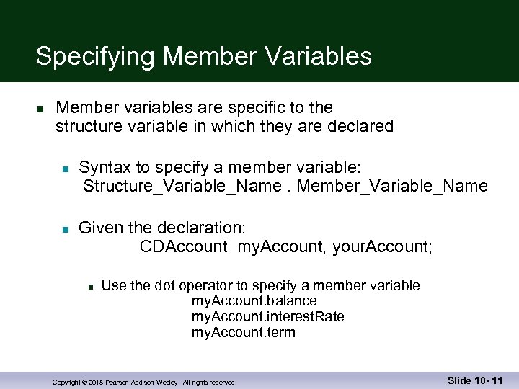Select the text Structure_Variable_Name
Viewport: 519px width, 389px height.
pos(179,187)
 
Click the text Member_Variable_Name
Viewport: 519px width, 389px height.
pos(392,187)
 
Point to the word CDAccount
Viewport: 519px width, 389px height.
pos(184,247)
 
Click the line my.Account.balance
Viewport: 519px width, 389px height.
pos(254,300)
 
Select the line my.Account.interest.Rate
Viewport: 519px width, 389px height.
pos(267,316)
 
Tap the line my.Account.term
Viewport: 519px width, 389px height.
pos(243,332)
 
